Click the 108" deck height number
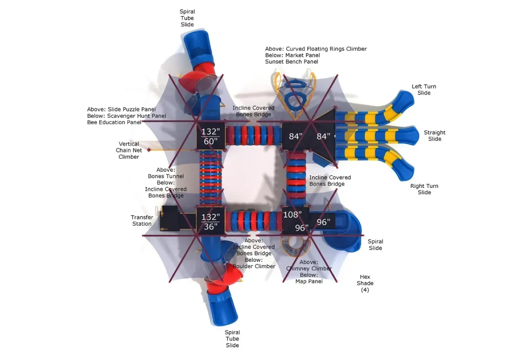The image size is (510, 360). (292, 215)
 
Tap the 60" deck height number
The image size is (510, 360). (211, 141)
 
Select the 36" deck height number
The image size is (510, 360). (211, 227)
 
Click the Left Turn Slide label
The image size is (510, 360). (424, 90)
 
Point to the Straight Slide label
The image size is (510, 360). (435, 136)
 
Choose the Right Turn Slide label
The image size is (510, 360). (424, 189)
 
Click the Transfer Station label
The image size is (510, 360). (142, 220)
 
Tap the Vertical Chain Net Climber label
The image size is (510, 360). (129, 150)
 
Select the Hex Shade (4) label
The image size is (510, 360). (365, 283)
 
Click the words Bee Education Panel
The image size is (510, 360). (114, 123)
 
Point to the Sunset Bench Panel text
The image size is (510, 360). (292, 62)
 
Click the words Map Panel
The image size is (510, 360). (309, 282)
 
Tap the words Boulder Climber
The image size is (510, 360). (254, 266)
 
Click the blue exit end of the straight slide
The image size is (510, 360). (409, 136)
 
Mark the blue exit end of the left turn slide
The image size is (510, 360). (405, 99)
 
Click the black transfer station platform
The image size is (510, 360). (170, 218)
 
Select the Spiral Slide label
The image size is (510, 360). (375, 245)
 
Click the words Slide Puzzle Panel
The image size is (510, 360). (132, 109)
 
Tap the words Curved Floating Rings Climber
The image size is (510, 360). (326, 49)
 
